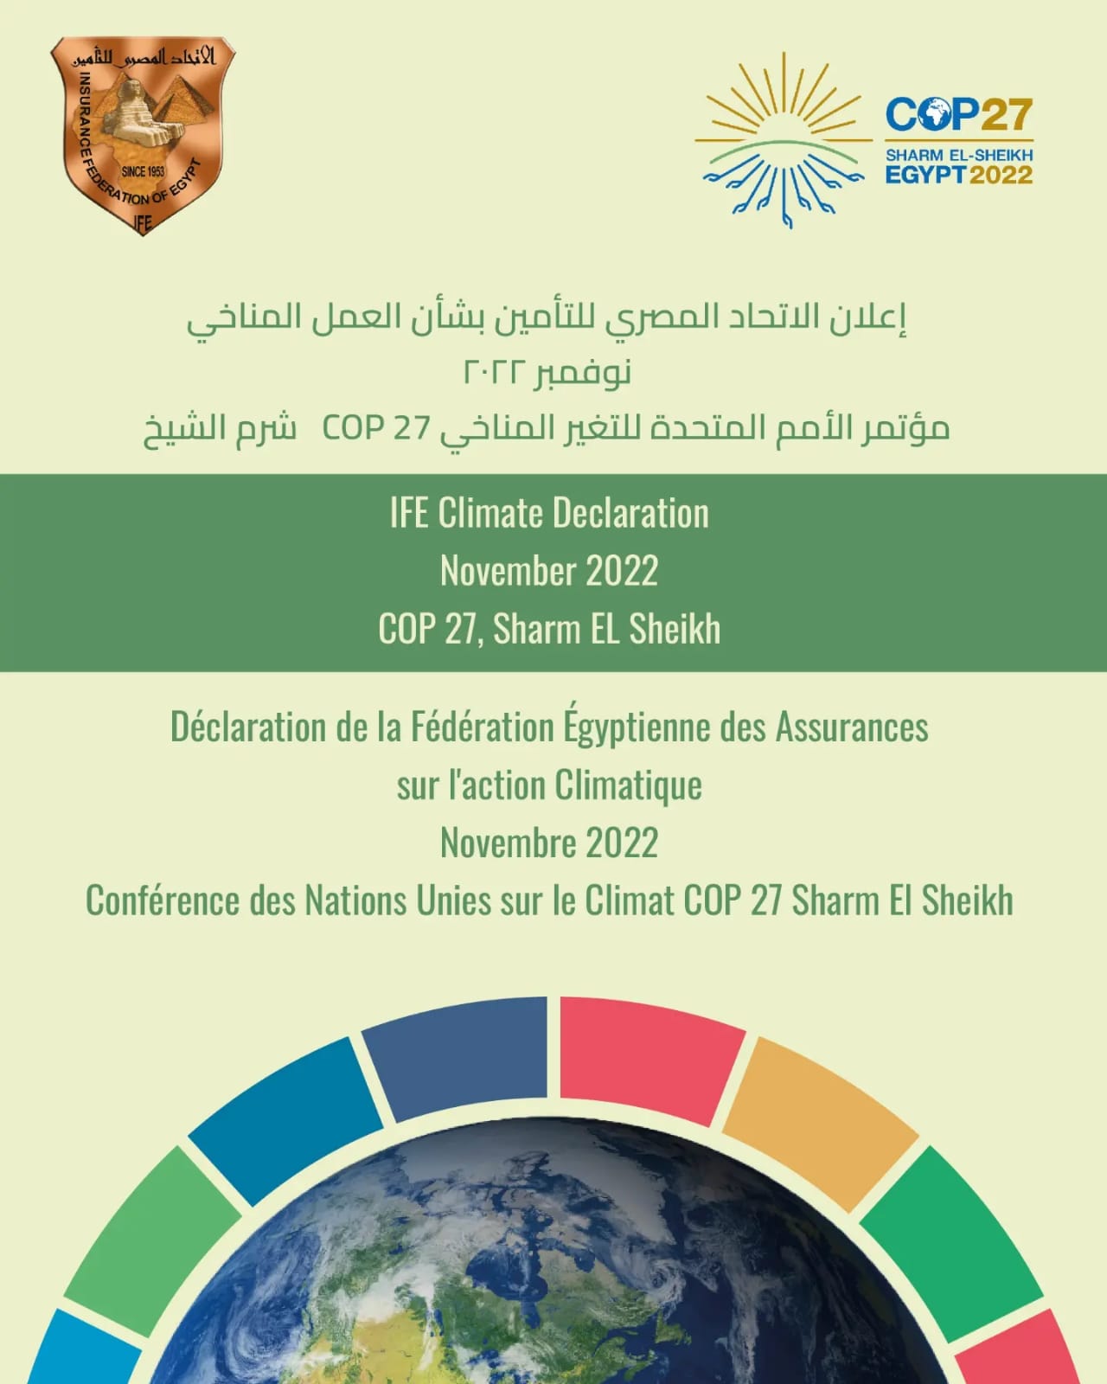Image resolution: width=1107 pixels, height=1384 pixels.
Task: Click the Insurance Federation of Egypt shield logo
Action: point(143,135)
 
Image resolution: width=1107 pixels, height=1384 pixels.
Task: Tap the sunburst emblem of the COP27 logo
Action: point(784,140)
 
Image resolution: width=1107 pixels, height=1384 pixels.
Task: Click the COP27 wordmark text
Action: point(959,114)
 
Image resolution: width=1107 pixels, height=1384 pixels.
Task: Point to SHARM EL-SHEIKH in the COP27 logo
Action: point(959,155)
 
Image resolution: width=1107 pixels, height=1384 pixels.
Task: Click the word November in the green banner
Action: point(508,570)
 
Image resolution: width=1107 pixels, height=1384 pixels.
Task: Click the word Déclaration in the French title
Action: point(247,727)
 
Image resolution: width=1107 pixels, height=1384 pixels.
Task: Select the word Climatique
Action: point(629,785)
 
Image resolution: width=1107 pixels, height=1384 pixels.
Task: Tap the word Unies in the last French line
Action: point(453,900)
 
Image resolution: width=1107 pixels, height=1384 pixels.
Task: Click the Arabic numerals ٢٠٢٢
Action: point(495,371)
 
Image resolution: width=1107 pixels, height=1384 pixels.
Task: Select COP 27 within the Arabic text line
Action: point(375,427)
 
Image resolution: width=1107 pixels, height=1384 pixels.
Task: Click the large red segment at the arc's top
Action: point(651,1054)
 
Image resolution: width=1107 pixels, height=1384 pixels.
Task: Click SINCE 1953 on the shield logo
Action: point(143,171)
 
